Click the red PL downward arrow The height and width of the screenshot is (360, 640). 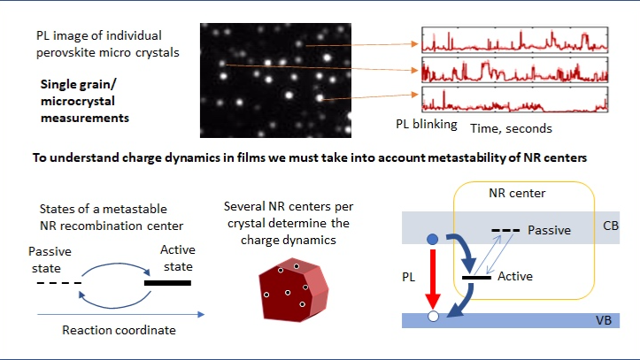433,280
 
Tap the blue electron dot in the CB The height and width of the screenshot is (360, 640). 432,240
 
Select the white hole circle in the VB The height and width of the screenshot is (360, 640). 433,316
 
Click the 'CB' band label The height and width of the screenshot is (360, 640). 611,226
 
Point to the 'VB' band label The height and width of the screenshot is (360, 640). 604,320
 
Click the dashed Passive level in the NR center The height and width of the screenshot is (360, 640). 505,230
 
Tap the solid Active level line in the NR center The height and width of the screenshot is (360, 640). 476,278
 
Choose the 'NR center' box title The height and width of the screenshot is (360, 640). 517,193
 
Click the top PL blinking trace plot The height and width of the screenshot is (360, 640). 514,40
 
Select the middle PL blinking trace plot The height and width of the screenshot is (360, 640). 514,70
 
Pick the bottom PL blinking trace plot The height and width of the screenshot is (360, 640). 514,99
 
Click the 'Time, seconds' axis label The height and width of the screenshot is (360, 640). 511,128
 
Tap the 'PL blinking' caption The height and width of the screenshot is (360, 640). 427,125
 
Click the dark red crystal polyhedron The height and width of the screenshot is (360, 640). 294,290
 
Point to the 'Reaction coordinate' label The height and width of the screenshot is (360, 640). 119,330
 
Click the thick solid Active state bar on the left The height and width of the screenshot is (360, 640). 167,283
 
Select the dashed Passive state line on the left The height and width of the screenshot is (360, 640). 59,282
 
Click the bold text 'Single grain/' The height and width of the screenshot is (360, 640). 79,84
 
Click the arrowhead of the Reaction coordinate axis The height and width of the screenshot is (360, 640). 201,314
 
